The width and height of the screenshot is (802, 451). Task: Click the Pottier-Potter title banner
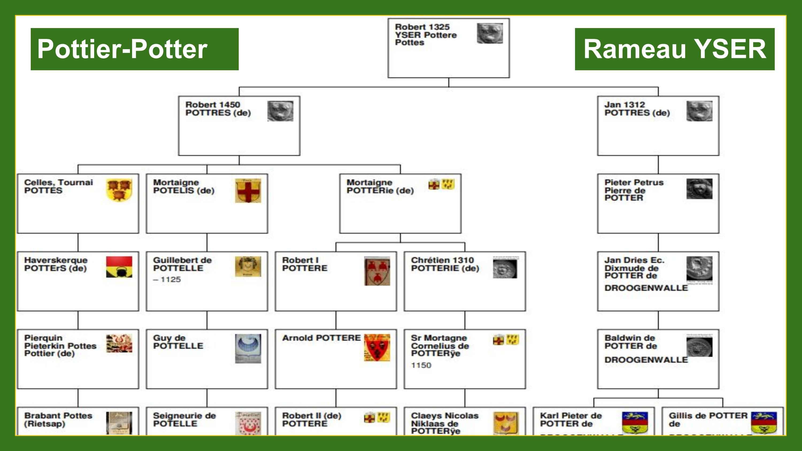pos(134,49)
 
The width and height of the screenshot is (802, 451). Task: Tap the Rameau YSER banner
pos(674,49)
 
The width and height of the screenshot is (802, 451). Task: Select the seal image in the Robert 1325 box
pos(490,33)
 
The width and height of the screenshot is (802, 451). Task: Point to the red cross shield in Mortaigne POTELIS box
pos(248,190)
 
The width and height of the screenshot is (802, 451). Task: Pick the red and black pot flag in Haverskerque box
pos(119,267)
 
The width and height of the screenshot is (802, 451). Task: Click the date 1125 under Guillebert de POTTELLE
pos(170,279)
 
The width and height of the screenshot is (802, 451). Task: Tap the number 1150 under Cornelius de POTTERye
pos(421,365)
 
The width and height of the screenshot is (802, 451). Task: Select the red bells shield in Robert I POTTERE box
pos(377,271)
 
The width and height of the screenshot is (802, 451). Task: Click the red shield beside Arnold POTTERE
pos(377,347)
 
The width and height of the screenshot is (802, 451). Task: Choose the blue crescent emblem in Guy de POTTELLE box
pos(248,348)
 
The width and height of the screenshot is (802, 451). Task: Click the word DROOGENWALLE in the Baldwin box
pos(646,360)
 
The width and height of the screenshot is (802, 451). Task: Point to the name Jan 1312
pos(624,104)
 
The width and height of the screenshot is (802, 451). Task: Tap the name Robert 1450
pos(213,104)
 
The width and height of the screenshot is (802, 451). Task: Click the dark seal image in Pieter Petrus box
pos(699,189)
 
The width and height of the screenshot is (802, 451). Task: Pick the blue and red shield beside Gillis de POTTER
pos(764,422)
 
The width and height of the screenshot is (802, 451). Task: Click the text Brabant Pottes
pos(58,415)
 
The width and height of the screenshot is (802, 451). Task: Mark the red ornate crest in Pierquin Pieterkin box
pos(119,343)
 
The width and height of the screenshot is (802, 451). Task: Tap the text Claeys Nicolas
pos(445,415)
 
